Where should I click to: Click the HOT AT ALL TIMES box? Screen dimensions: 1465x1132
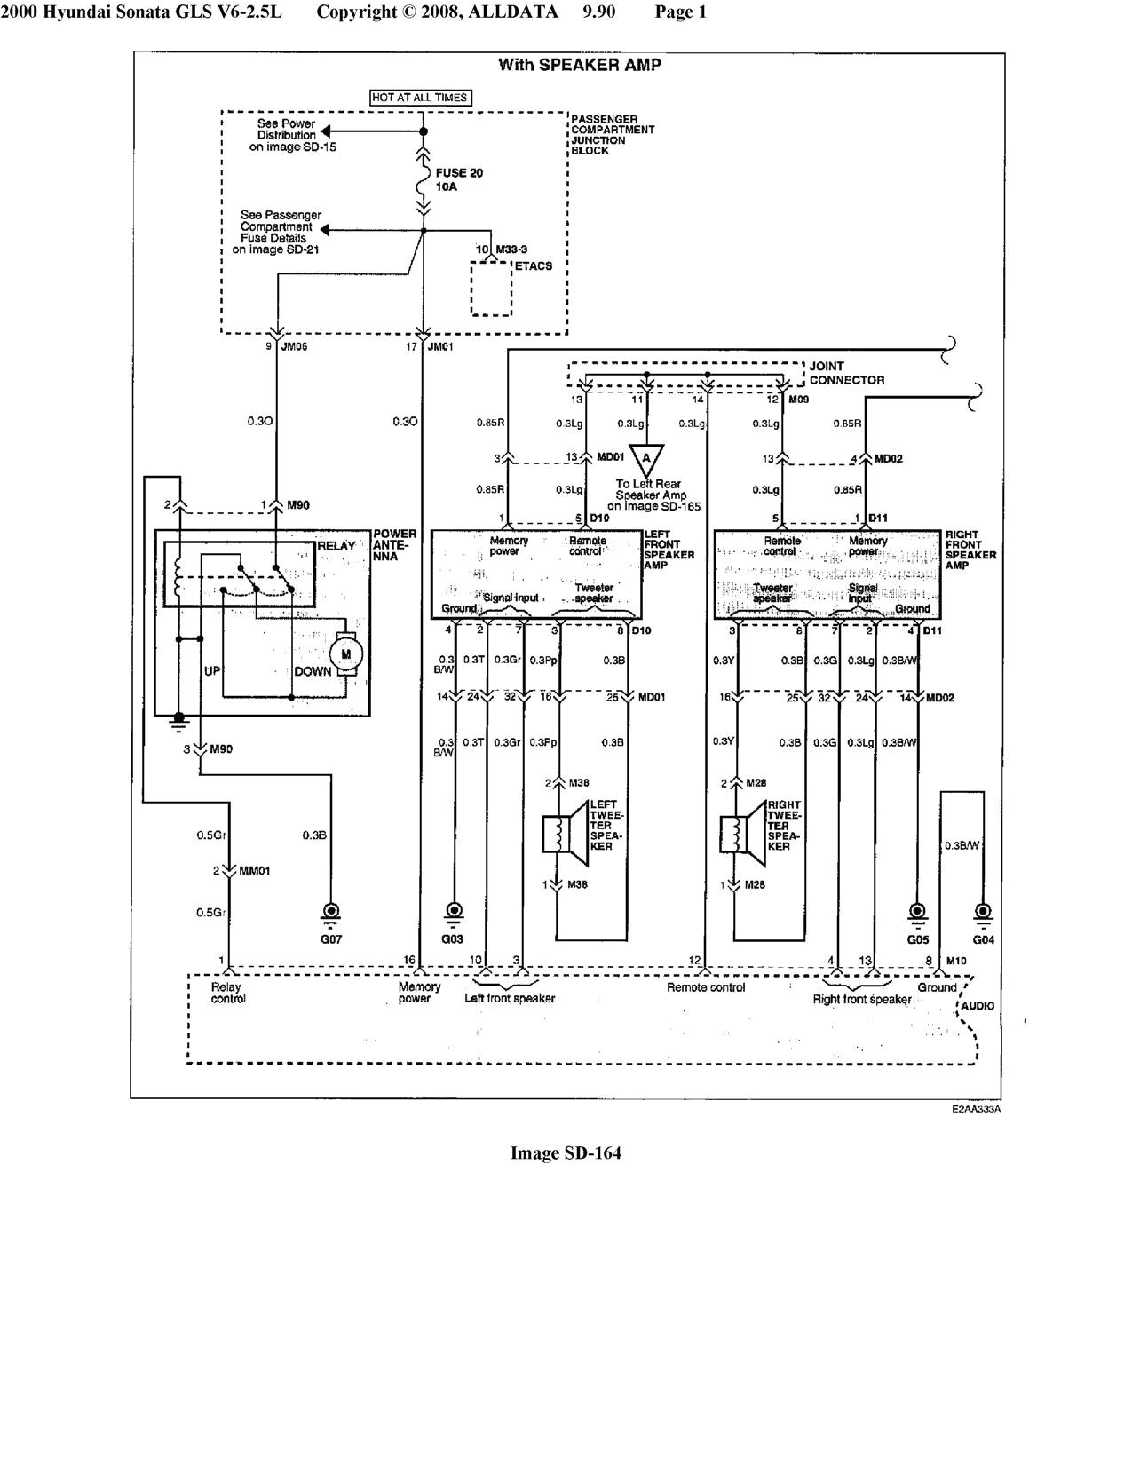click(420, 98)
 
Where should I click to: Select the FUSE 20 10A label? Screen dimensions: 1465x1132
click(459, 180)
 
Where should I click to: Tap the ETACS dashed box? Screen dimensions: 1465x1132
click(491, 289)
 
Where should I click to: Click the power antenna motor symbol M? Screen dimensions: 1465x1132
click(346, 654)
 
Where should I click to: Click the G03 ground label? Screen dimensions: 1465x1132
click(453, 938)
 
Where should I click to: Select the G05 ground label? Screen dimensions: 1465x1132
click(917, 938)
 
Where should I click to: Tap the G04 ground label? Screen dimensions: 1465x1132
click(983, 938)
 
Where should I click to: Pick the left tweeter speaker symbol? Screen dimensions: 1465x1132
click(565, 832)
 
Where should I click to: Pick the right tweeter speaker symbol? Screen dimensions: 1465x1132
click(743, 832)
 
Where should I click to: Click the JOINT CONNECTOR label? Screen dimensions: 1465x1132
click(846, 373)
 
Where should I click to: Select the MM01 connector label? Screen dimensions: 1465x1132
click(254, 871)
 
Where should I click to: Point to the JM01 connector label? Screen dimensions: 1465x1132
click(440, 346)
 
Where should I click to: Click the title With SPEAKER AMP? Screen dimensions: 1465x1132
click(579, 65)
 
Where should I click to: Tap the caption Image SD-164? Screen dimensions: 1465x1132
click(566, 1152)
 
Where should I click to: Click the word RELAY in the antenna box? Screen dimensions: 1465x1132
click(336, 546)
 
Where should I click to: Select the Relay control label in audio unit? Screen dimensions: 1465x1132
click(227, 993)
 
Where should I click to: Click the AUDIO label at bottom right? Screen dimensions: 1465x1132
click(977, 1006)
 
